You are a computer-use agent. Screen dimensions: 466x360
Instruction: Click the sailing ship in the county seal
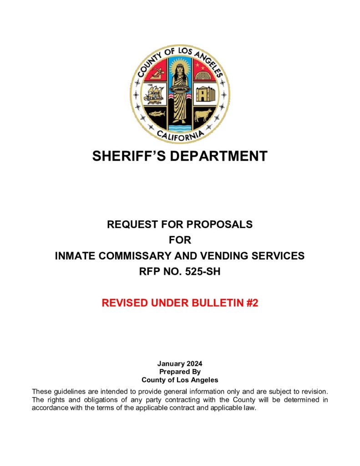click(x=153, y=95)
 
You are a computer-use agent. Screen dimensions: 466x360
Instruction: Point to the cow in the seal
click(x=202, y=115)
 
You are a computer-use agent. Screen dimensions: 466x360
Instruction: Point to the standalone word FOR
click(x=180, y=240)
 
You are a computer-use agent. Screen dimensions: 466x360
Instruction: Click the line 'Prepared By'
click(x=180, y=372)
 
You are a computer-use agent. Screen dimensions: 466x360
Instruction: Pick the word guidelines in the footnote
click(x=69, y=392)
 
